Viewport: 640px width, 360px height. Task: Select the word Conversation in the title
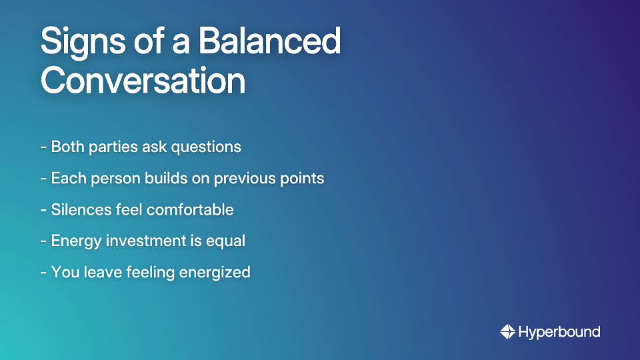[143, 81]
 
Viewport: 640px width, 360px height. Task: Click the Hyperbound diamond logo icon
[507, 331]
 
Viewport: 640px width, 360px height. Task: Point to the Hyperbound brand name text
[559, 331]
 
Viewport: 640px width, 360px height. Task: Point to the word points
[303, 179]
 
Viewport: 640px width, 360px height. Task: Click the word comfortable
[190, 209]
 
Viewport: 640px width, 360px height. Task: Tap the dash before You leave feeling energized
[43, 273]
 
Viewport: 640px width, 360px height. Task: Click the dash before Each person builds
[43, 179]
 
